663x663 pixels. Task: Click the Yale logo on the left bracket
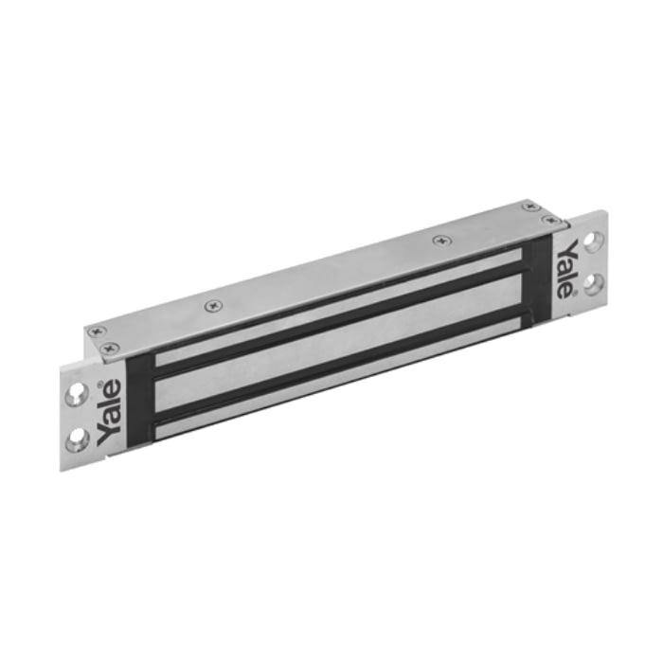109,412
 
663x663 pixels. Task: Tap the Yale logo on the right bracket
565,269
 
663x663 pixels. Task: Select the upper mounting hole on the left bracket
77,394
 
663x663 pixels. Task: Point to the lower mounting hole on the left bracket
79,439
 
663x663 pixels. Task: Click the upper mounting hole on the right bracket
594,240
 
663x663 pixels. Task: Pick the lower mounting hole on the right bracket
595,284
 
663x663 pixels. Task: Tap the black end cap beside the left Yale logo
140,401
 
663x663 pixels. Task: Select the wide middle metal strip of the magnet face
338,342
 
